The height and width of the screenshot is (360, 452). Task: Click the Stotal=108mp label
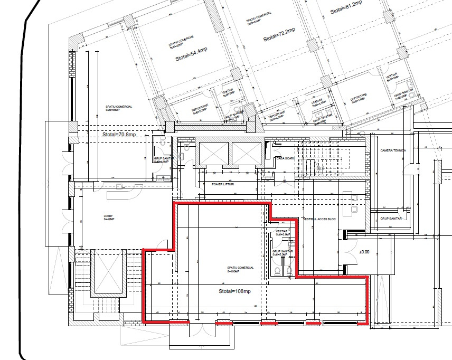[x=234, y=291]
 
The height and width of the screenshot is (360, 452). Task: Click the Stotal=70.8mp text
[x=119, y=135]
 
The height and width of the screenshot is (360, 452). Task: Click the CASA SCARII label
[x=286, y=158]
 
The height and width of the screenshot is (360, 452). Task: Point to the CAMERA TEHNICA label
[x=393, y=150]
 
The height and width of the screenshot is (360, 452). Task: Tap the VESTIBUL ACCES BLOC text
[x=320, y=219]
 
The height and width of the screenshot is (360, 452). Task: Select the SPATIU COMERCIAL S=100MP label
[x=240, y=269]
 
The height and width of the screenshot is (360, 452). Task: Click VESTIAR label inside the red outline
[x=281, y=233]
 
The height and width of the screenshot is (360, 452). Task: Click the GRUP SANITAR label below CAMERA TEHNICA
[x=391, y=218]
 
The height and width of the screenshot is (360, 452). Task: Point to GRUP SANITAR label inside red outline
[x=280, y=252]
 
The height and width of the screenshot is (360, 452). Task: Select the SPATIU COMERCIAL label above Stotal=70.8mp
[x=118, y=107]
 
